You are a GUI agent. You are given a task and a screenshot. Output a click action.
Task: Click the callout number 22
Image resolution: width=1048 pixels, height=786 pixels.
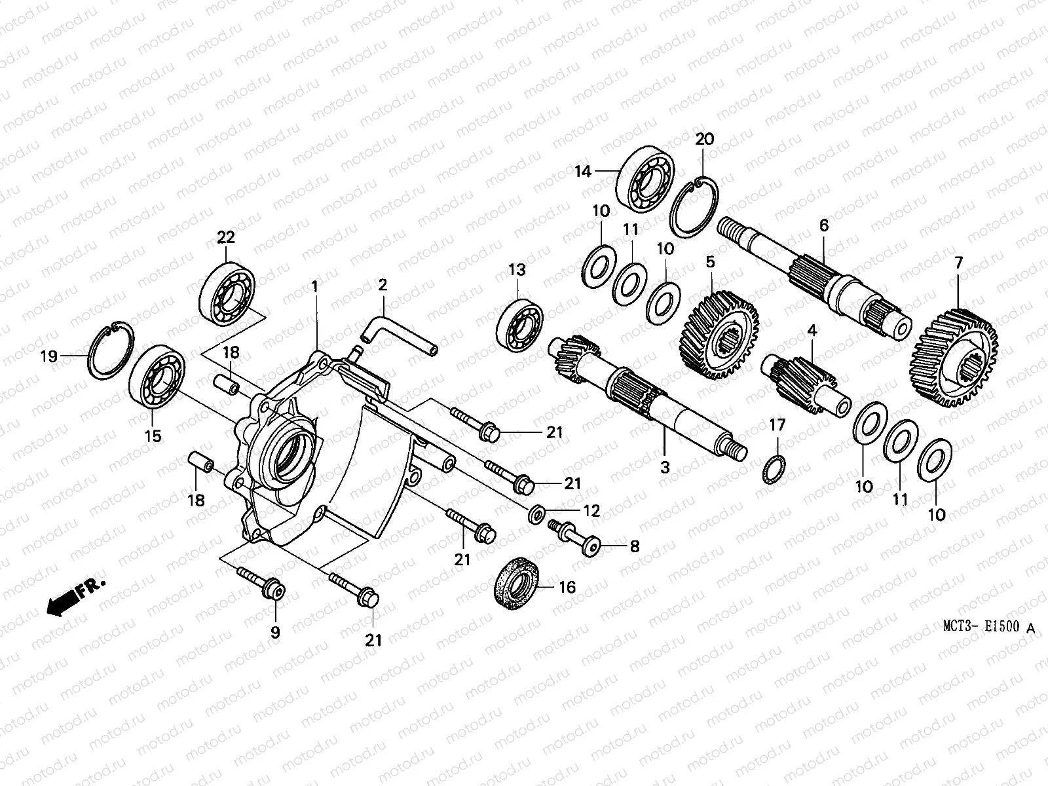[x=226, y=237]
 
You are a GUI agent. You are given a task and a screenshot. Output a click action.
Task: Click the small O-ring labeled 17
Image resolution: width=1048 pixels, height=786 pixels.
[x=774, y=469]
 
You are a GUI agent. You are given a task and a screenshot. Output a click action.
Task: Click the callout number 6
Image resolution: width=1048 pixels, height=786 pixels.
[x=823, y=226]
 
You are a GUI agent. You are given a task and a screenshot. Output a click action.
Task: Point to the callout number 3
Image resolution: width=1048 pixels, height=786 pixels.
[x=665, y=468]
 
